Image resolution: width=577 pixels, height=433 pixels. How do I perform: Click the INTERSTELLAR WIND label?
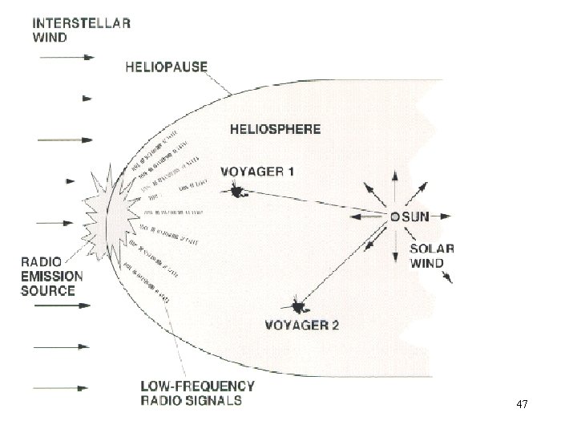(x=81, y=29)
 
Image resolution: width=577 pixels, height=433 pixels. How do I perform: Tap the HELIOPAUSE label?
(x=166, y=67)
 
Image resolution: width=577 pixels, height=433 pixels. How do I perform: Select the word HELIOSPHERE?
(x=275, y=128)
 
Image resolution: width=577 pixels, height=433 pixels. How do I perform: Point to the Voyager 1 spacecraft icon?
(x=237, y=191)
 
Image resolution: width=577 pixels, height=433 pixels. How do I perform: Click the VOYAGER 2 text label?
(x=301, y=325)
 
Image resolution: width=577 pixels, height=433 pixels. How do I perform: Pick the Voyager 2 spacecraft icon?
(x=299, y=306)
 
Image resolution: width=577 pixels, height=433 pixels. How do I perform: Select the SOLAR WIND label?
(x=432, y=255)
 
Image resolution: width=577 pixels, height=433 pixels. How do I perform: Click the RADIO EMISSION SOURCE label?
(x=52, y=276)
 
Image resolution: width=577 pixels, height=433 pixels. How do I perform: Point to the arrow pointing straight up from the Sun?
(x=395, y=180)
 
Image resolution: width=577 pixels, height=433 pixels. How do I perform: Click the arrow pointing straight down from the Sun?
(x=395, y=253)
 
